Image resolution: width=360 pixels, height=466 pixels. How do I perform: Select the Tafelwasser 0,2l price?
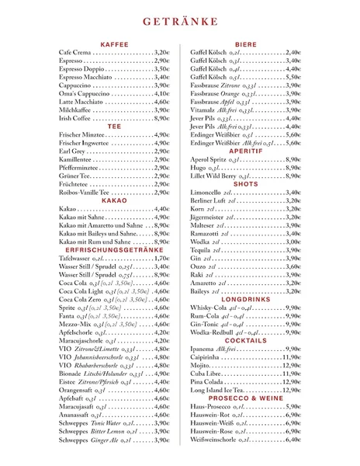(161, 260)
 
